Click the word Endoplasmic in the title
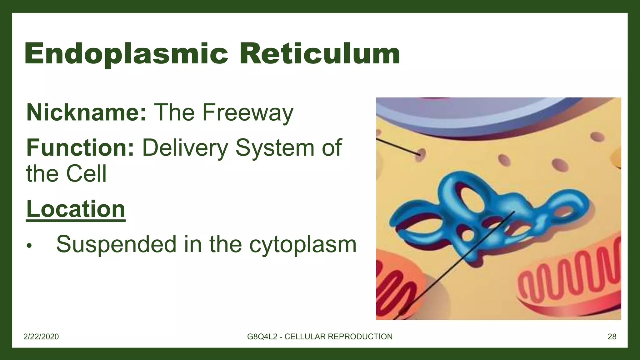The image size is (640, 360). [126, 54]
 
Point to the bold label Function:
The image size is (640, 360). [80, 147]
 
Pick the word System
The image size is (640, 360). [275, 147]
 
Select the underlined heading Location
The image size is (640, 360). [76, 209]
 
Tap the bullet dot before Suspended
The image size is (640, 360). [29, 246]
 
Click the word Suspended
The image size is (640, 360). [116, 244]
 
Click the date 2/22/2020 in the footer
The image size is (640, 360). [41, 337]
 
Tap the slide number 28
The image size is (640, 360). [612, 337]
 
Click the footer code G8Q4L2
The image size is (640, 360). [262, 337]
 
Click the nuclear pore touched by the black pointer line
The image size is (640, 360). [421, 154]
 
